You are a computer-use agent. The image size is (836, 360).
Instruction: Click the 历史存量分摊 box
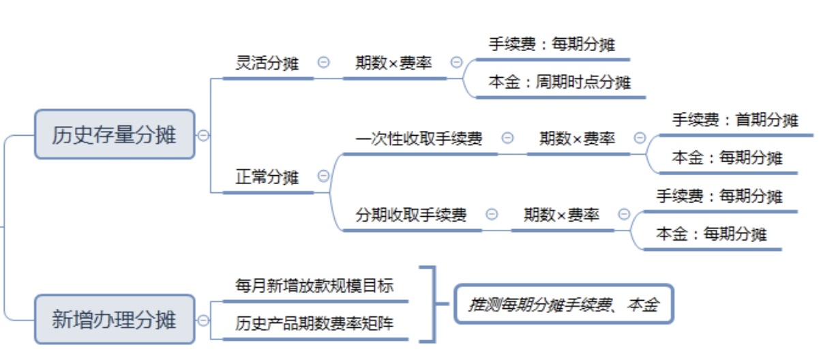pos(115,135)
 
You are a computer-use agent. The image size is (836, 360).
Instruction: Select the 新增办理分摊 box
pos(115,319)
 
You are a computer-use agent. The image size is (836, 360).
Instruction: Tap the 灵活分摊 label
pos(267,63)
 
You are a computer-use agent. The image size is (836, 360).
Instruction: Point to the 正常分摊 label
pos(267,177)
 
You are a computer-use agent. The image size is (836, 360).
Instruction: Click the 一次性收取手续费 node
pos(419,138)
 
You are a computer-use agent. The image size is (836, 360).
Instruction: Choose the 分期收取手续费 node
pos(411,215)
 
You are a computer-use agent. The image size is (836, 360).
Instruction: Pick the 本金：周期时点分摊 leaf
pos(560,82)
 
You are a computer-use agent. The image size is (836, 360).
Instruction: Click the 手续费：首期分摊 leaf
pos(735,120)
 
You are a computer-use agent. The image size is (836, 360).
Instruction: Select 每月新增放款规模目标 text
pos(314,285)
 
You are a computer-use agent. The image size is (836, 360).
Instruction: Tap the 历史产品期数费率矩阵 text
pos(314,322)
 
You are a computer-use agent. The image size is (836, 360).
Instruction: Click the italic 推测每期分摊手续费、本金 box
pos(564,304)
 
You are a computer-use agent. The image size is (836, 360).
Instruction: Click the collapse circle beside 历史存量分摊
pos(203,135)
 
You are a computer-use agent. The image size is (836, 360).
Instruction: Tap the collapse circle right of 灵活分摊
pos(324,62)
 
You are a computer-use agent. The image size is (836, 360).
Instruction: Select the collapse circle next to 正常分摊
pos(324,177)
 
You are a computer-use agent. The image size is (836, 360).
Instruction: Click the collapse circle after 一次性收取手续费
pos(507,138)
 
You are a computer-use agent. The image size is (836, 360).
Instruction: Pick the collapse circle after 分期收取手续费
pos(492,215)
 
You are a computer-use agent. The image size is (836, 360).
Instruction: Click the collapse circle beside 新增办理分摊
pos(203,319)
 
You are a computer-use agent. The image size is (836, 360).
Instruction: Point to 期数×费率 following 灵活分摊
pos(393,63)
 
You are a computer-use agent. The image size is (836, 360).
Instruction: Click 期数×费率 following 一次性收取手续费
pos(578,138)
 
